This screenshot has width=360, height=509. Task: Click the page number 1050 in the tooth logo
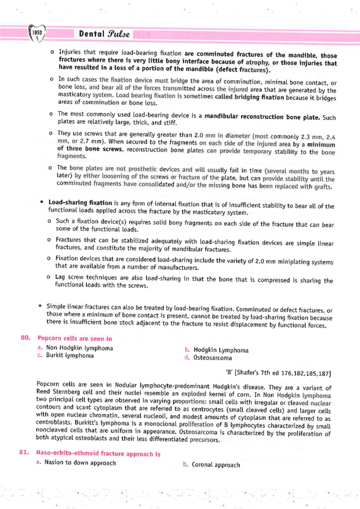point(37,33)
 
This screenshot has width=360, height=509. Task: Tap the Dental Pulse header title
point(104,34)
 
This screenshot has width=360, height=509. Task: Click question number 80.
point(25,338)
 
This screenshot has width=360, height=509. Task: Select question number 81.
point(25,453)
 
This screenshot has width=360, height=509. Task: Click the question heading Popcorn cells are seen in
point(74,339)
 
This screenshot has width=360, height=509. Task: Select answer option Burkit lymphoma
point(70,356)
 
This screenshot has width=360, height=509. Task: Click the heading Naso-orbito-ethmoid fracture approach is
point(99,454)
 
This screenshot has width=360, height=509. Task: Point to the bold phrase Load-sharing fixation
point(80,202)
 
